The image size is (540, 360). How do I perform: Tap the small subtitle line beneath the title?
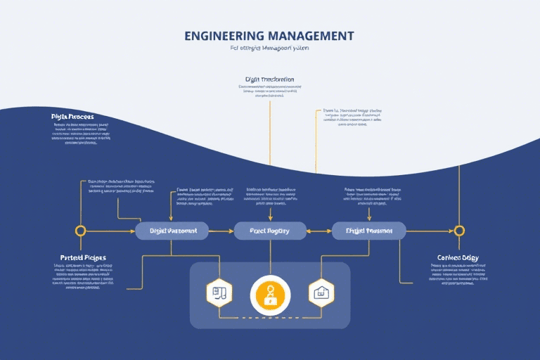coord(269,49)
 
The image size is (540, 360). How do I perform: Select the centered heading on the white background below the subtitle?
coord(269,79)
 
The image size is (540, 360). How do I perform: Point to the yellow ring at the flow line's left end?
coord(81,230)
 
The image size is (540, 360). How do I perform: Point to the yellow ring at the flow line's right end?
coord(459,230)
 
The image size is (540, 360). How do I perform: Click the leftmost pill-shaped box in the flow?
coord(172,230)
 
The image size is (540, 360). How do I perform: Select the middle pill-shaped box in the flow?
coord(270,230)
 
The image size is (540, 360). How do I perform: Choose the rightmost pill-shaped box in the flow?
coord(368,230)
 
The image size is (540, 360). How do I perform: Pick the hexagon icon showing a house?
coord(321,292)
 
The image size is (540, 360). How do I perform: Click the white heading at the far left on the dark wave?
coord(72,116)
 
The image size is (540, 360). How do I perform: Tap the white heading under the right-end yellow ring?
coord(458,257)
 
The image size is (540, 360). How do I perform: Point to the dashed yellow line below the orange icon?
coord(270,318)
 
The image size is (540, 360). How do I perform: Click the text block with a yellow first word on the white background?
coord(352,117)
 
